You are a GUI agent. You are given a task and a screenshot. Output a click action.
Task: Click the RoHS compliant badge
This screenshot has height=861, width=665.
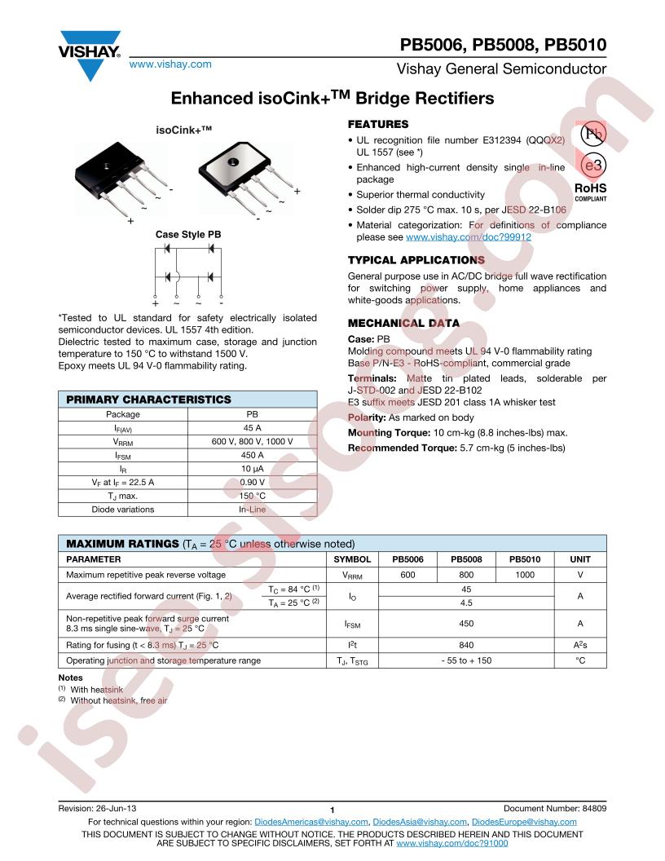pos(590,190)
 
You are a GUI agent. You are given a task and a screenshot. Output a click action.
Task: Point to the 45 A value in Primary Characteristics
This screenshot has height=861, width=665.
pos(252,428)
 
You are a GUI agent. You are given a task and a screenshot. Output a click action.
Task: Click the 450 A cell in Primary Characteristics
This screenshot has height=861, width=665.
pos(252,456)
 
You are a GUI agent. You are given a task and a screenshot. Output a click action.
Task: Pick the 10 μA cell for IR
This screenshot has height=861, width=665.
pos(252,470)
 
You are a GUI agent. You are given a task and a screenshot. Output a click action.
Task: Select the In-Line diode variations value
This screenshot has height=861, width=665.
pos(252,510)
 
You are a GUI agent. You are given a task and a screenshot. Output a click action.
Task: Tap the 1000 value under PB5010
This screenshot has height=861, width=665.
pos(525,575)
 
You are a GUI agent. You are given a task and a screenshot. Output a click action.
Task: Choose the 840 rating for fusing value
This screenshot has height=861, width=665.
pos(467,645)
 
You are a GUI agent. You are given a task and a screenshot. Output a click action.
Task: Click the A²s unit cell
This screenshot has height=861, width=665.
pos(580,645)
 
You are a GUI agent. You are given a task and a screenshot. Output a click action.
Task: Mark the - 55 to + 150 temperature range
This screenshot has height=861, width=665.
pos(467,660)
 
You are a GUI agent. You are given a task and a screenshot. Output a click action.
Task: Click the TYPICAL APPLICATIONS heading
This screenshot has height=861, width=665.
pos(416,260)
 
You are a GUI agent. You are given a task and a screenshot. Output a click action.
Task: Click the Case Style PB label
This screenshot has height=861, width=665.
pos(188,234)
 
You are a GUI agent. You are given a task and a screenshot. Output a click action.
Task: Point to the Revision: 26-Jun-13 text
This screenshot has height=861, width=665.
pos(97,807)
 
